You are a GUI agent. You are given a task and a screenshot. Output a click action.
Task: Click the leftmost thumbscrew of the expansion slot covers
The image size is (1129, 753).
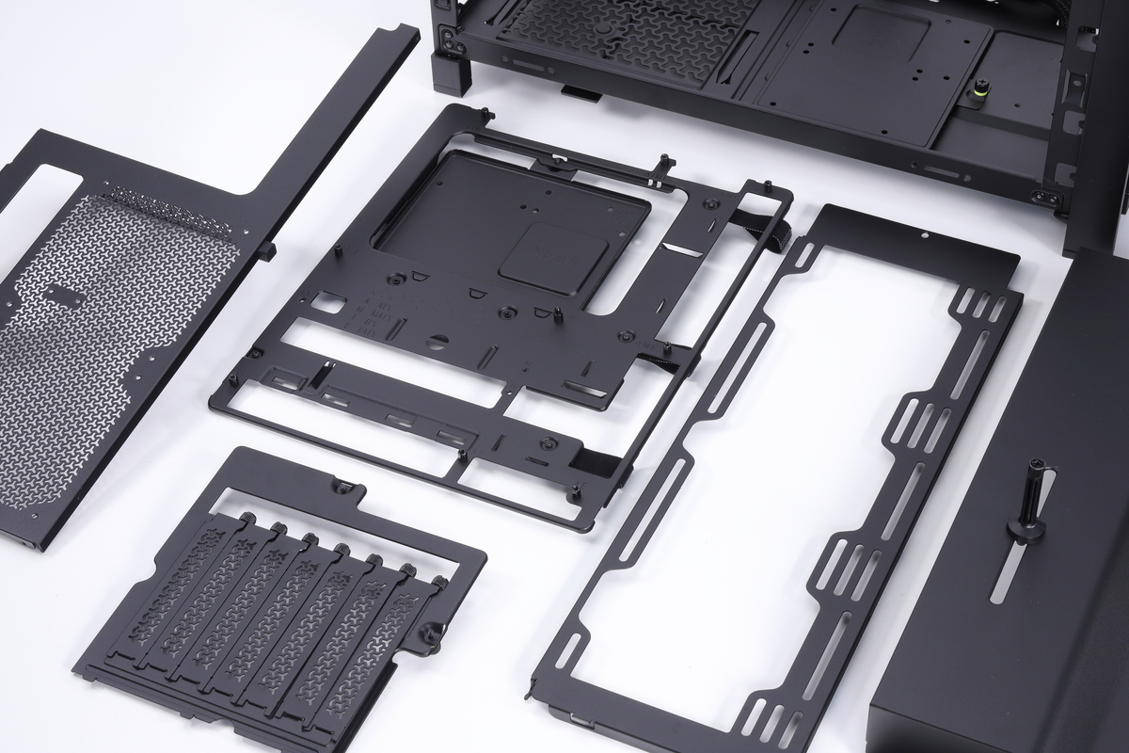247,521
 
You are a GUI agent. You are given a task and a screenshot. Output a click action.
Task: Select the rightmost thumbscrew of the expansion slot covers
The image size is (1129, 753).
438,584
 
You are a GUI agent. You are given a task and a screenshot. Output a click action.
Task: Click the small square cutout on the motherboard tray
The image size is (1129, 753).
331,303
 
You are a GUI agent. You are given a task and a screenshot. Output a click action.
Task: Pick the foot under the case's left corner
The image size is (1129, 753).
450,73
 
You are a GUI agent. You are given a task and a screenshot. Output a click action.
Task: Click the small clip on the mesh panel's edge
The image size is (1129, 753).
267,250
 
